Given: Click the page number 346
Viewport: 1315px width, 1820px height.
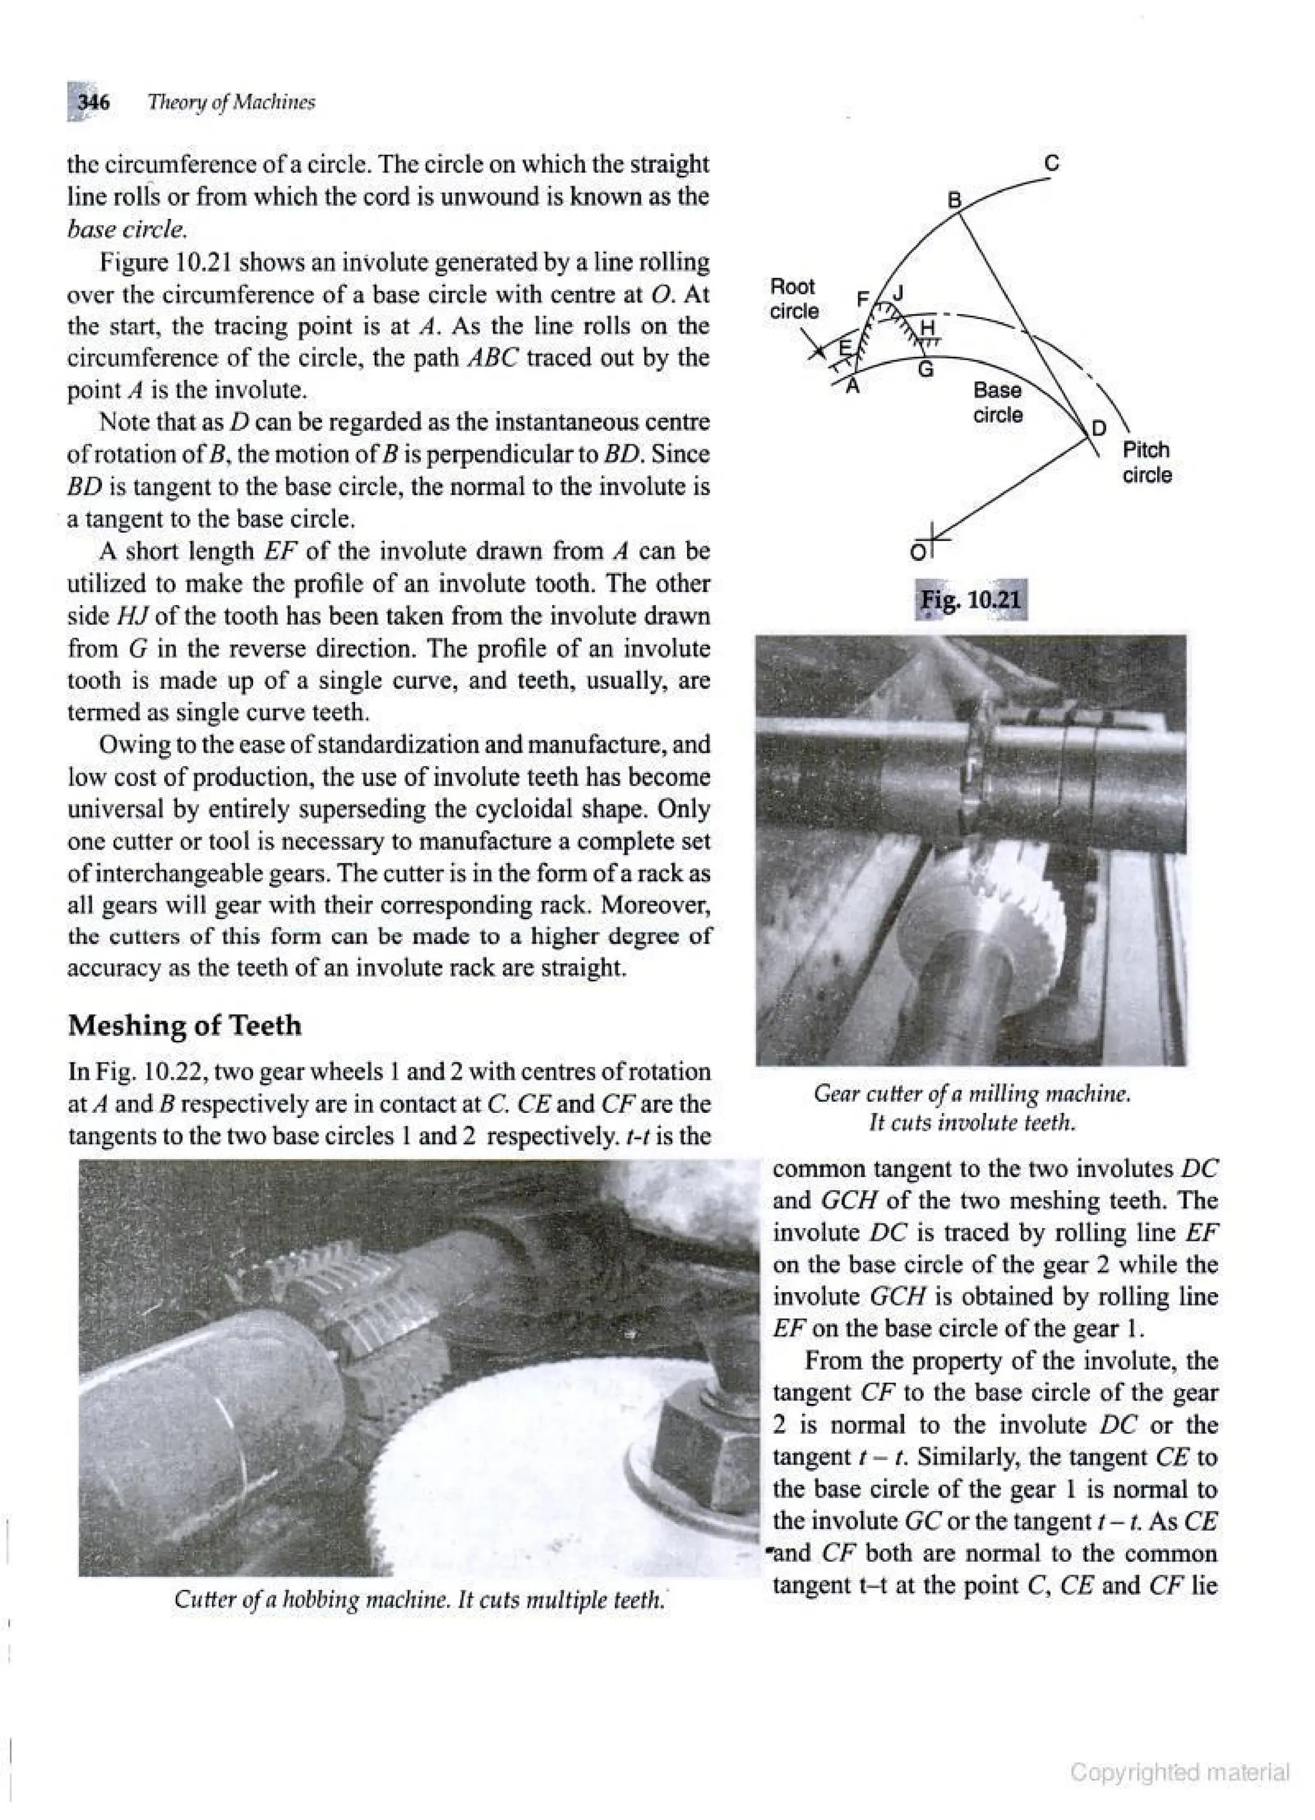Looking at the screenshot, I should [x=93, y=103].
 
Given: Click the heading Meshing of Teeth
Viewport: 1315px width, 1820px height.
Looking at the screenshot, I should [x=184, y=1025].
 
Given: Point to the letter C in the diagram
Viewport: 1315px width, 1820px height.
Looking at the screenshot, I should [x=1052, y=164].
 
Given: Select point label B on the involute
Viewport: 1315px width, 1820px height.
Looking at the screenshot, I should [x=955, y=200].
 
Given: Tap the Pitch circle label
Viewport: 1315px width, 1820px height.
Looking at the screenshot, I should [x=1147, y=462].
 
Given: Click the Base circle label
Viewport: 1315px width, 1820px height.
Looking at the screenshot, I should [x=997, y=403].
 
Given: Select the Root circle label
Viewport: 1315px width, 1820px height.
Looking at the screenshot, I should [x=793, y=299].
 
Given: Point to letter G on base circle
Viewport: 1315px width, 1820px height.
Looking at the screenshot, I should [x=925, y=371].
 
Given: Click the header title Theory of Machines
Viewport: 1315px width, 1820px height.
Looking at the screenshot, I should [x=231, y=103].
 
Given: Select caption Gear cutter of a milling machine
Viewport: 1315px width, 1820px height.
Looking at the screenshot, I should [x=971, y=1093].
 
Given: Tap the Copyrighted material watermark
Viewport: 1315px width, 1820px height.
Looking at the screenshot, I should [x=1180, y=1772].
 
